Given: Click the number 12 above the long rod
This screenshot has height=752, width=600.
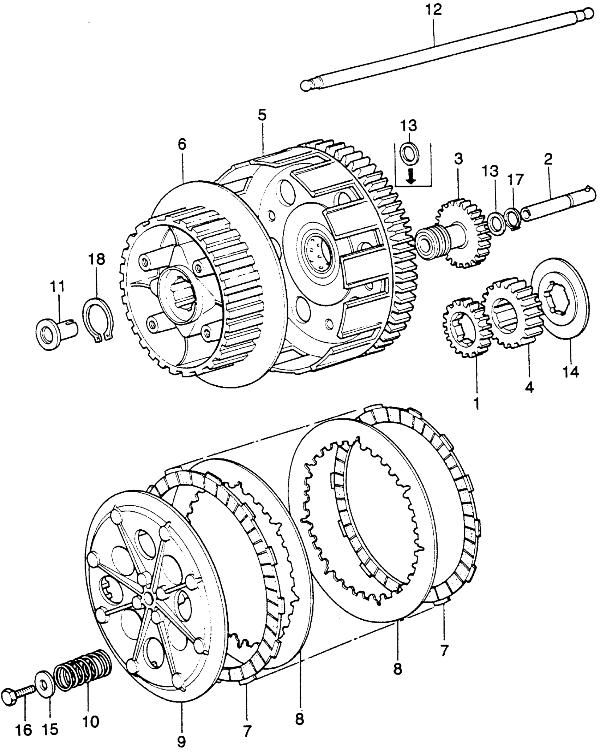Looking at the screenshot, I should [x=434, y=10].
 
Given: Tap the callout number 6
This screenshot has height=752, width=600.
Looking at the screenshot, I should [x=182, y=144].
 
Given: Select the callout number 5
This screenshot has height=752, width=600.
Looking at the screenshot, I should [x=262, y=116].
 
